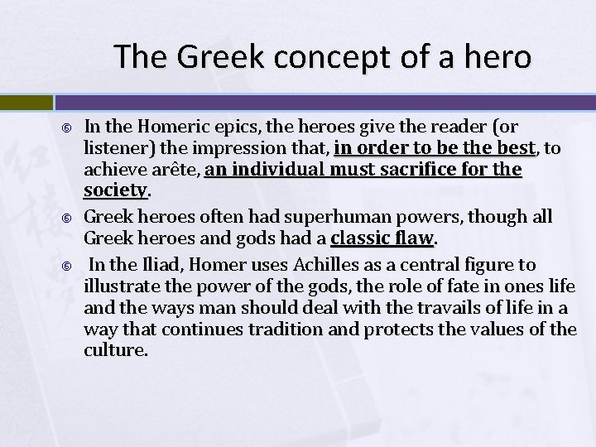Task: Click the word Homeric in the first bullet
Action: (x=171, y=127)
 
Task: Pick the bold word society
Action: (x=114, y=191)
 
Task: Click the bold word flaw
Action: (x=415, y=239)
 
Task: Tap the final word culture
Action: (x=115, y=351)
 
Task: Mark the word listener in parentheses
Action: (x=113, y=149)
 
